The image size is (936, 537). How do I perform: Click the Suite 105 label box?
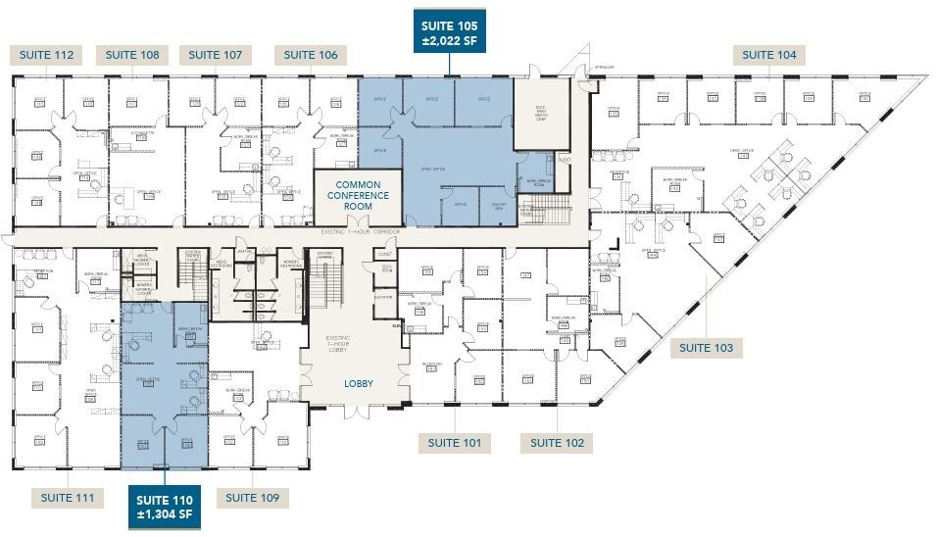click(x=449, y=33)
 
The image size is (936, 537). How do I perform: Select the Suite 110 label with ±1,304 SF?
click(x=165, y=507)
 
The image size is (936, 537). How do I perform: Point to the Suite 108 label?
click(x=132, y=55)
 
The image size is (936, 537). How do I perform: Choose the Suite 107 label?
click(x=216, y=55)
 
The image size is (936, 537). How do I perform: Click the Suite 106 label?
click(x=311, y=55)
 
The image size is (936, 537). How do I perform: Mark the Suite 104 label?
click(x=769, y=55)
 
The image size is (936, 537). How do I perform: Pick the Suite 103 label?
click(x=707, y=348)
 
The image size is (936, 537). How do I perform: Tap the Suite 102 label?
click(x=557, y=443)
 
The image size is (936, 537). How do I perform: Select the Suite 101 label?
click(x=455, y=443)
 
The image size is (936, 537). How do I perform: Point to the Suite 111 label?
click(x=68, y=498)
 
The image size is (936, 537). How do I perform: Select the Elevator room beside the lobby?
click(x=383, y=297)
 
